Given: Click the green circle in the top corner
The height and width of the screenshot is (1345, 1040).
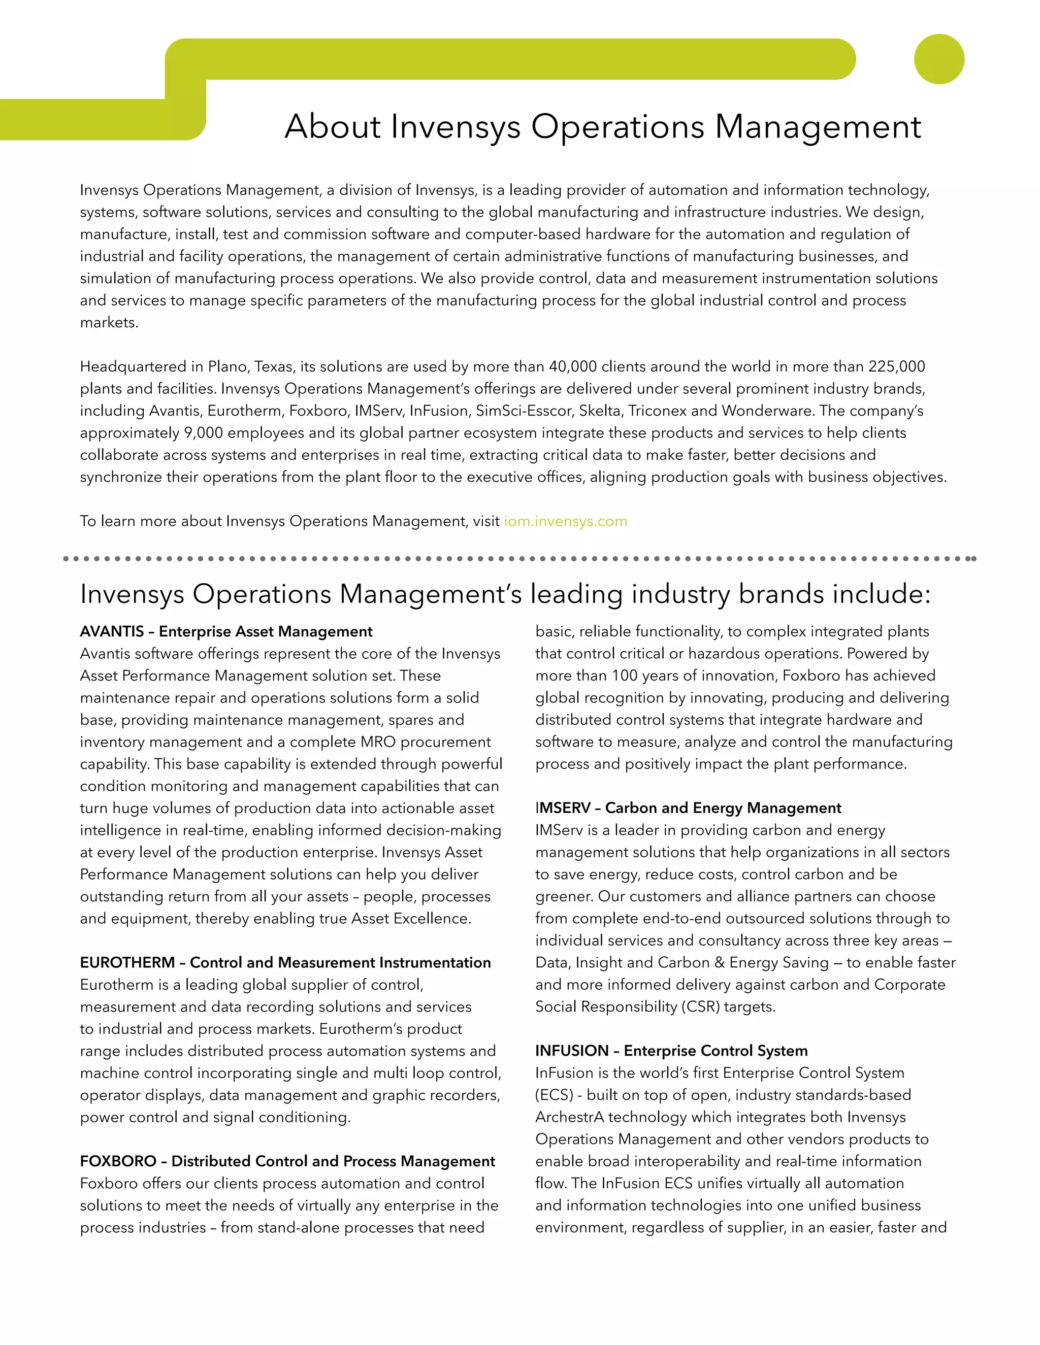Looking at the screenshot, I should click(938, 59).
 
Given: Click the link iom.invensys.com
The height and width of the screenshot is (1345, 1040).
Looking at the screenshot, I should click(565, 521).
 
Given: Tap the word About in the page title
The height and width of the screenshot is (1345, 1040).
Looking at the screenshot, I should click(333, 126).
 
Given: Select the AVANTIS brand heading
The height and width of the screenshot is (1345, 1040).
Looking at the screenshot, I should click(225, 631).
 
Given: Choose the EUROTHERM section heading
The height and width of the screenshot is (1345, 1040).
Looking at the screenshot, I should click(285, 962).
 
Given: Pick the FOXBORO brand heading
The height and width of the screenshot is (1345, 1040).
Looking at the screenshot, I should click(287, 1161).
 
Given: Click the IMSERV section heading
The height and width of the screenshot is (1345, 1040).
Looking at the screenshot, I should click(688, 808).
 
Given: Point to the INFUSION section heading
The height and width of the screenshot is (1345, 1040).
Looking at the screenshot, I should click(671, 1051).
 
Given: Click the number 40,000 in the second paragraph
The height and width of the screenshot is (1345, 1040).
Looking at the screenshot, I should click(572, 366).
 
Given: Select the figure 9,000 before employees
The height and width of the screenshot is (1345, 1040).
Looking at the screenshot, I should click(203, 433).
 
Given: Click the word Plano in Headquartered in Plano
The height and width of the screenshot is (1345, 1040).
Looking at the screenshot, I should click(226, 366).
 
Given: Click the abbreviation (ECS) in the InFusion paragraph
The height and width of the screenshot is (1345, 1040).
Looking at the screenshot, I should click(554, 1095).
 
